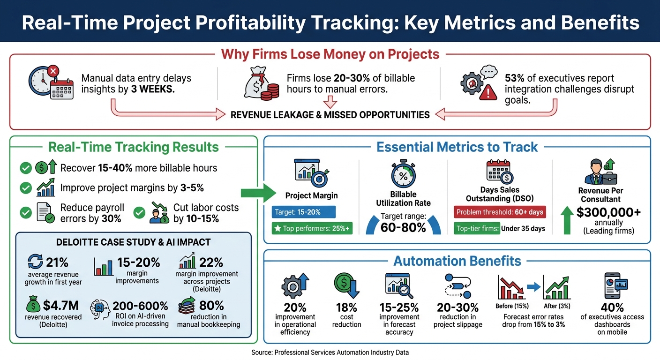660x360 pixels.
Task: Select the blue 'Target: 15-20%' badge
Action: click(x=303, y=212)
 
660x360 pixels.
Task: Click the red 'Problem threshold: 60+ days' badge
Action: click(x=500, y=212)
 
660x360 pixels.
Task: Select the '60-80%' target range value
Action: click(x=403, y=227)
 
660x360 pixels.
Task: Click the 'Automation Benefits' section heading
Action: click(x=457, y=261)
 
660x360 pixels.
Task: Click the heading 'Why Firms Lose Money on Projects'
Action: click(x=330, y=54)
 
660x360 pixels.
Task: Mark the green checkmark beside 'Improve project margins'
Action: click(x=26, y=188)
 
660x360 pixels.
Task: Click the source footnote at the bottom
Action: click(x=330, y=352)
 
